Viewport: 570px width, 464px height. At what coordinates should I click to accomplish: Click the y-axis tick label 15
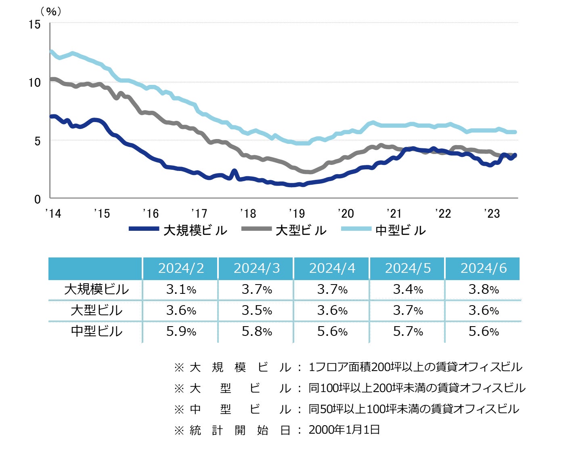35,24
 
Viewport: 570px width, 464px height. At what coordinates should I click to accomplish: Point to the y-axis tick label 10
35,82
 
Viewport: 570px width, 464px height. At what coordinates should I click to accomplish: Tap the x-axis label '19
297,213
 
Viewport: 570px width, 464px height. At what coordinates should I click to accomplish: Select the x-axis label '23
492,213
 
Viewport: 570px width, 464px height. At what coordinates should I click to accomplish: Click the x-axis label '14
53,213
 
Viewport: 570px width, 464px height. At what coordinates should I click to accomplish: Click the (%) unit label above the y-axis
51,11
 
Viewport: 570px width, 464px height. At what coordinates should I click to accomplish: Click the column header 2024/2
180,268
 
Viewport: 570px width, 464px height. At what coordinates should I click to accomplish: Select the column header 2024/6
483,268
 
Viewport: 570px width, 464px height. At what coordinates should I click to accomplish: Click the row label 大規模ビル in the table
96,289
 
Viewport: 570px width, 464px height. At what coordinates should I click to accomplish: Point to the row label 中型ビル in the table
96,331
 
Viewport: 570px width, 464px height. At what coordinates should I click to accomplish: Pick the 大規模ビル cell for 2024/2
181,289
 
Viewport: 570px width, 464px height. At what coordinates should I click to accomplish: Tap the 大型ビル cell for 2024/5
408,310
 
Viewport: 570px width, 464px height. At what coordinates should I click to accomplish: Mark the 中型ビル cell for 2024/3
257,331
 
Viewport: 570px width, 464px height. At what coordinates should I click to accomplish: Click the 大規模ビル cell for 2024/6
483,289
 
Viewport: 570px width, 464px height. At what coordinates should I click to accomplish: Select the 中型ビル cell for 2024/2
181,331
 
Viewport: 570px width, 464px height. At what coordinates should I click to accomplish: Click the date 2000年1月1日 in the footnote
344,430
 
